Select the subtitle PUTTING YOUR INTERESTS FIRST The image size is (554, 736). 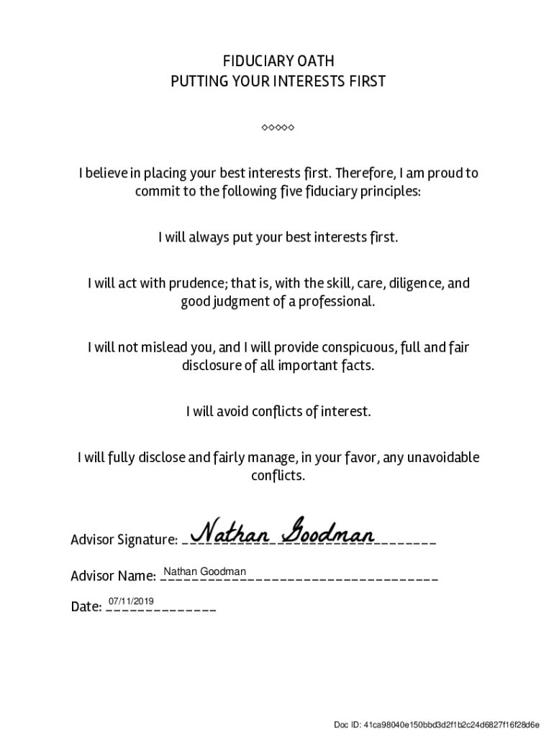coord(278,81)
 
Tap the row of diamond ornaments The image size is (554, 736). coord(278,128)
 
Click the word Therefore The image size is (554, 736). coord(364,173)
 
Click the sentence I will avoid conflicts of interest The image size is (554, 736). coord(278,412)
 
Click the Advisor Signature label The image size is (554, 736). coord(124,540)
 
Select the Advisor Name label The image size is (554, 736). coord(114,576)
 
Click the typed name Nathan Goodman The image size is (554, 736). coord(205,571)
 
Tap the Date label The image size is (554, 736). coord(86,607)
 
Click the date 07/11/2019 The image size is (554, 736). coord(131,602)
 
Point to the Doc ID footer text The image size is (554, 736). coord(437,724)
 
